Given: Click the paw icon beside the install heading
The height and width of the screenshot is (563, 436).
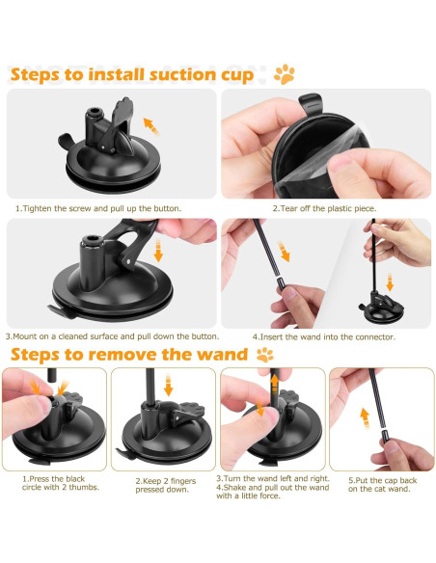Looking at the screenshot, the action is (285, 74).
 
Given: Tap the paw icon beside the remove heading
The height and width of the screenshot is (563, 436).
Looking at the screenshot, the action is (265, 355).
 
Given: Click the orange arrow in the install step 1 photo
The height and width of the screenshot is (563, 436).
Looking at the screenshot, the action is (151, 126).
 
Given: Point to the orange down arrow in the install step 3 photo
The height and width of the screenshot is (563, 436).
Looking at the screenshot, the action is (158, 252).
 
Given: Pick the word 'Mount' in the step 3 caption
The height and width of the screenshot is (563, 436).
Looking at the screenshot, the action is (24, 336).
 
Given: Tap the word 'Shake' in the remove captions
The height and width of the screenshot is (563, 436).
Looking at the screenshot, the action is (234, 488).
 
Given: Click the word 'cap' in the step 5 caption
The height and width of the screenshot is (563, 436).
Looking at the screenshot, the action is (388, 480).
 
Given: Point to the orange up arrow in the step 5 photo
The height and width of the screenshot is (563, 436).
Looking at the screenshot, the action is (365, 418).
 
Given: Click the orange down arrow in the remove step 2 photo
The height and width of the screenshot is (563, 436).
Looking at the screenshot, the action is (168, 385).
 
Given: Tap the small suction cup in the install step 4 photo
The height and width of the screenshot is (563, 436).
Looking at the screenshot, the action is (381, 308).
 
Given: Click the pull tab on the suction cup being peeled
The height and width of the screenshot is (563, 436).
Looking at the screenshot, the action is (311, 102).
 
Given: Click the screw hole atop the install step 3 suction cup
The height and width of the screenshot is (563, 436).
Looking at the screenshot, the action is (92, 239).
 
